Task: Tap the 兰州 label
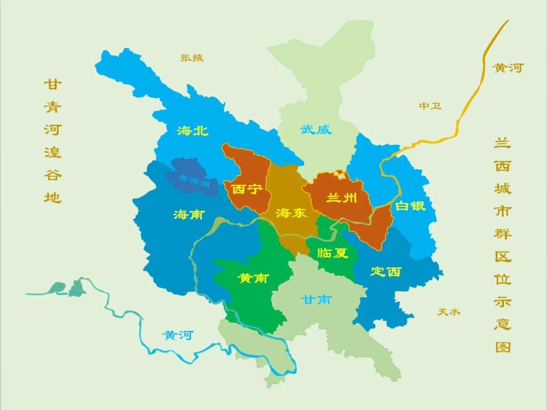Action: [341, 198]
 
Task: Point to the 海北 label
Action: [193, 130]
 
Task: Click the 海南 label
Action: [188, 215]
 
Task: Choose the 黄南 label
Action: [252, 278]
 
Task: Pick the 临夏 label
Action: [333, 253]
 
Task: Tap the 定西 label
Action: [386, 272]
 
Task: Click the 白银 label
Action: [410, 206]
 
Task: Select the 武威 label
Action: [316, 130]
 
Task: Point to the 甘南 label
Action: [316, 299]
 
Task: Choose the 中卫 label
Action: [430, 106]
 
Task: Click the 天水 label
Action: [449, 312]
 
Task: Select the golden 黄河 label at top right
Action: [508, 68]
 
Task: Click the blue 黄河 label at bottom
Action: [178, 336]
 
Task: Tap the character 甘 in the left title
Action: [53, 85]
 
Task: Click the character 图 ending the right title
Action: [503, 347]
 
